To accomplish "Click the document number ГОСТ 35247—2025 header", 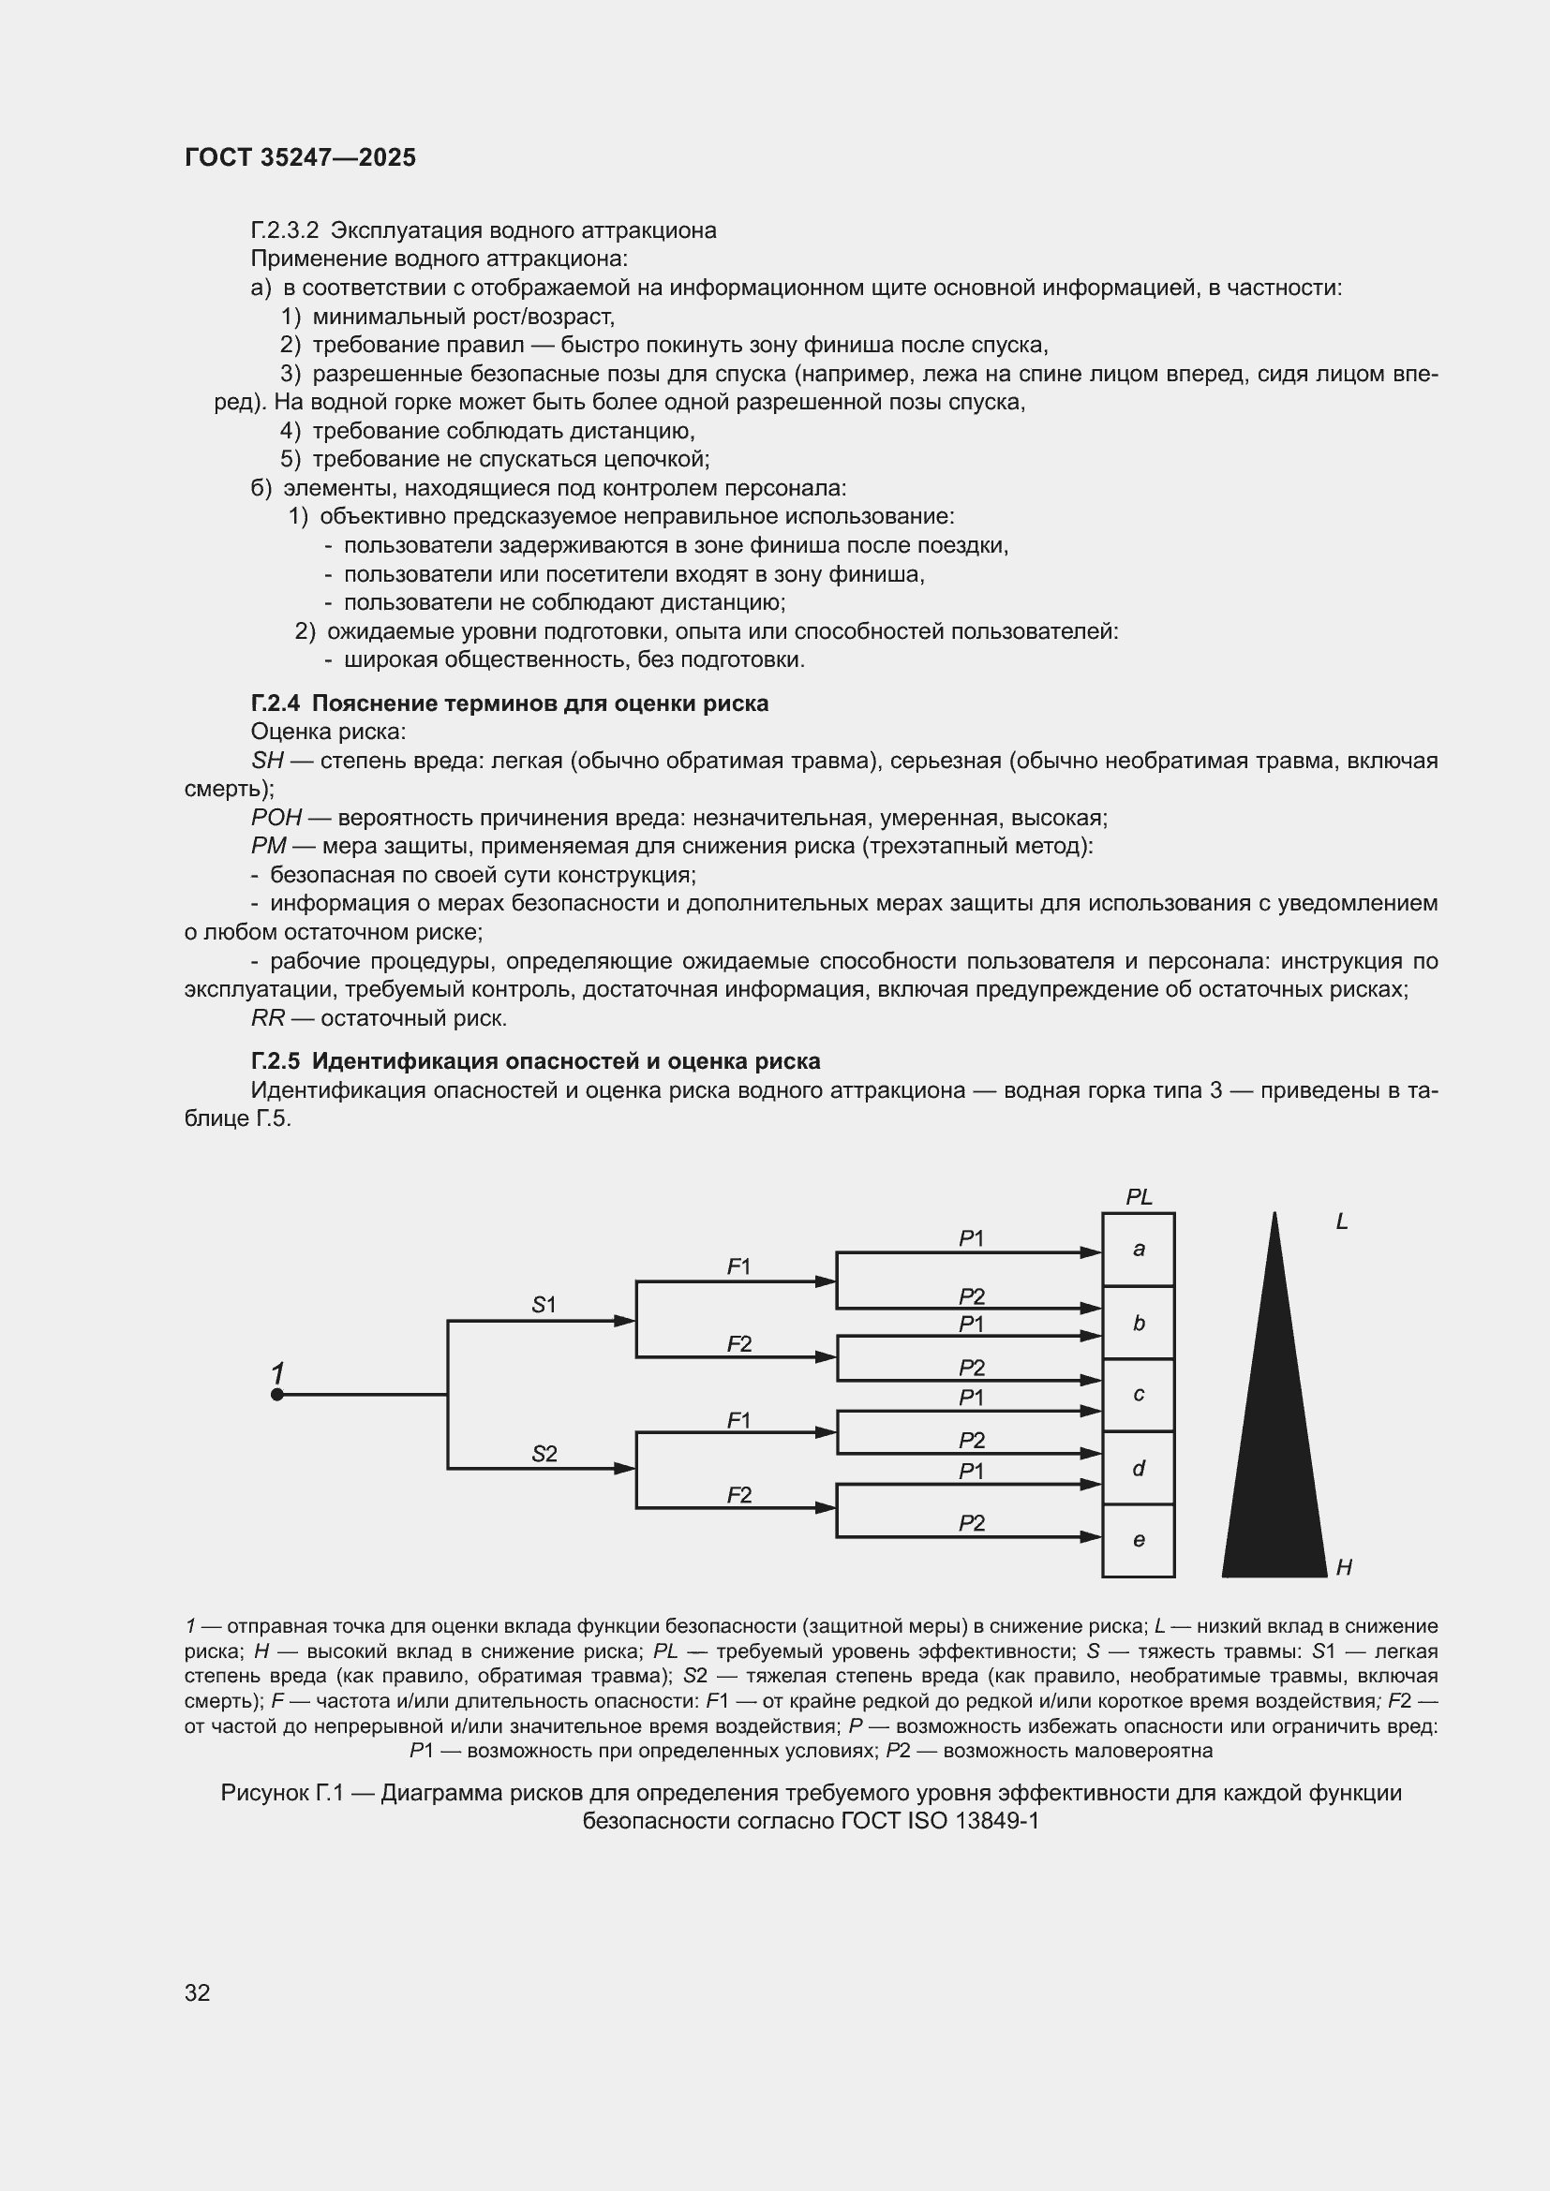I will (x=300, y=157).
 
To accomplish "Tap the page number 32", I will (x=198, y=1992).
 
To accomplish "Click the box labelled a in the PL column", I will (x=1138, y=1250).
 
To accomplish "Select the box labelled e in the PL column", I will (x=1138, y=1540).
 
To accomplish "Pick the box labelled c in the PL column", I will (x=1138, y=1394).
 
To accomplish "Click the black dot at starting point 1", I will (x=276, y=1394).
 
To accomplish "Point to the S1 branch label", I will (x=544, y=1305).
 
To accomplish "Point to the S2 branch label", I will (x=544, y=1454).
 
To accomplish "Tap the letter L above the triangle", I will (x=1341, y=1221).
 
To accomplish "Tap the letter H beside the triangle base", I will (x=1344, y=1567).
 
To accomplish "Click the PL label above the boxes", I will (x=1139, y=1196).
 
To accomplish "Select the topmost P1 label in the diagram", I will (x=971, y=1237).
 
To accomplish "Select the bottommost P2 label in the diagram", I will (x=971, y=1523).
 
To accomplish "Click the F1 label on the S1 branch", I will (x=738, y=1266).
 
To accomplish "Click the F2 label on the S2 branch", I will (x=738, y=1494).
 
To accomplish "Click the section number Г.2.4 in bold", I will (x=275, y=703).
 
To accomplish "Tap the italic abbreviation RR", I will (x=267, y=1018).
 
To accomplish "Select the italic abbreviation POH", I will (x=276, y=818).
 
